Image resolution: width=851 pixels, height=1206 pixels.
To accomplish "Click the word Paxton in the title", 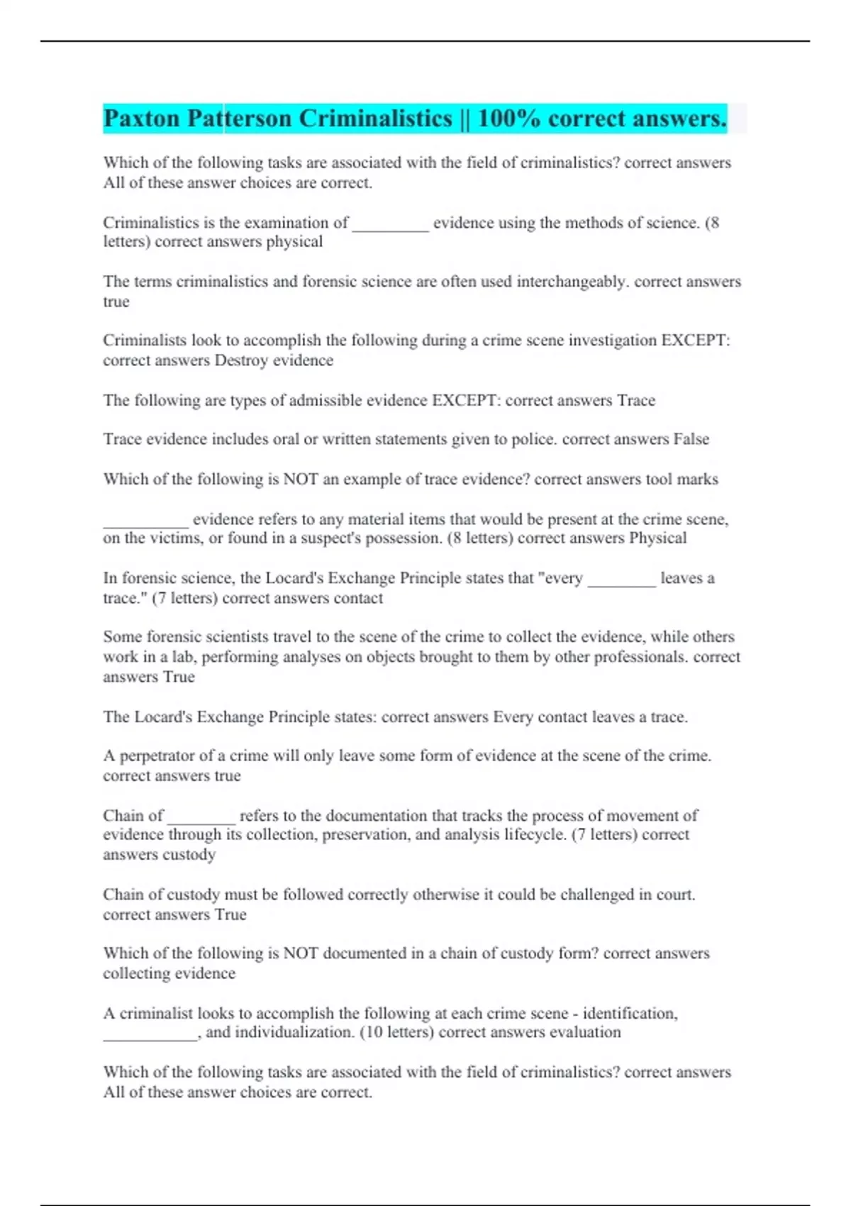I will pos(141,118).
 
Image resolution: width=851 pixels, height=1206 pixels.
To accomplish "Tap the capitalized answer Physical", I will pos(658,538).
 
